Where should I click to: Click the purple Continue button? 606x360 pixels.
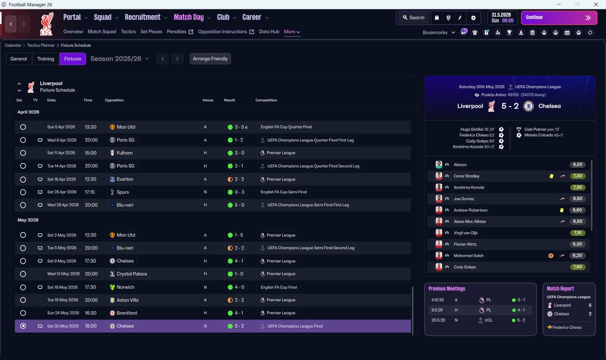click(x=559, y=18)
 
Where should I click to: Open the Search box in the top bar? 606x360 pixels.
click(x=414, y=18)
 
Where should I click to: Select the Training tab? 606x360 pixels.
click(x=45, y=59)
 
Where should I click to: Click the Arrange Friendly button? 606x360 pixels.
click(x=210, y=59)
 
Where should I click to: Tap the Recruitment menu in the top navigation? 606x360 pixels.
click(x=143, y=18)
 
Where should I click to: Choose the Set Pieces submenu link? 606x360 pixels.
click(x=151, y=32)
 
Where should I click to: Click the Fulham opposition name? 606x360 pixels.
click(x=125, y=153)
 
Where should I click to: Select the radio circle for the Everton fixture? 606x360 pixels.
click(x=23, y=179)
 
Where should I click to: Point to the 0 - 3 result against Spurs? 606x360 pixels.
click(x=239, y=192)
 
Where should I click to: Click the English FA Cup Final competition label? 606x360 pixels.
click(x=279, y=287)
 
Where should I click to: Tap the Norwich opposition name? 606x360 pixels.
click(x=125, y=287)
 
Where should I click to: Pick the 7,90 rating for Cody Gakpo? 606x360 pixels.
click(x=578, y=267)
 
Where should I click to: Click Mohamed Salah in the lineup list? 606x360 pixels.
click(x=469, y=255)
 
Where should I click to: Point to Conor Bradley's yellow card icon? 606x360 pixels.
click(x=552, y=176)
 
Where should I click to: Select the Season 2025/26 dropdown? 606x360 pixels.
click(x=120, y=59)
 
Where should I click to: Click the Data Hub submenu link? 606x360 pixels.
click(x=269, y=32)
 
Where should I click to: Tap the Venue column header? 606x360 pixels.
click(x=208, y=100)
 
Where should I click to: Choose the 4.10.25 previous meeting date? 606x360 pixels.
click(x=437, y=300)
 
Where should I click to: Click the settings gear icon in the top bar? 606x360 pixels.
click(x=473, y=18)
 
